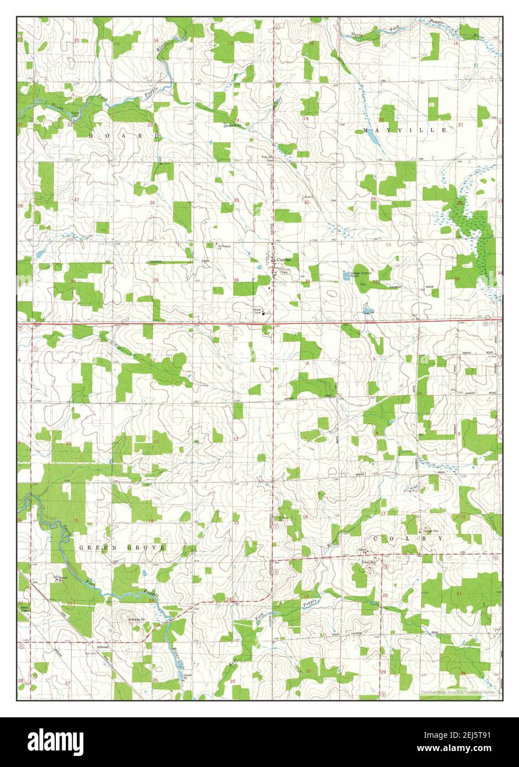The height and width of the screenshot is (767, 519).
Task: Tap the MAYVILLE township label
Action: tap(405, 130)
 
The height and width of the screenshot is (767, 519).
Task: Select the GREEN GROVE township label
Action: tap(122, 547)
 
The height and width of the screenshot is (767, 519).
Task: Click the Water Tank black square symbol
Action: tap(264, 314)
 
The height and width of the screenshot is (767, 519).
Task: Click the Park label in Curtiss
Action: tap(285, 273)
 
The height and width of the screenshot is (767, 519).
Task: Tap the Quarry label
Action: tap(309, 196)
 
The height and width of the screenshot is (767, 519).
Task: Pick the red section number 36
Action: tap(236, 280)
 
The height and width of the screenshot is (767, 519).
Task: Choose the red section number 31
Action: tap(308, 281)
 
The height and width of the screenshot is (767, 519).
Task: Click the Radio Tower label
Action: tap(25, 609)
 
